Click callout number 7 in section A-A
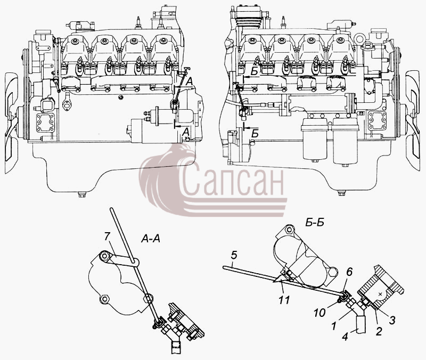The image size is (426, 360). click(107, 237)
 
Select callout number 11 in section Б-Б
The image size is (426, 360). click(284, 300)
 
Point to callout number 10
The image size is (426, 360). click(319, 313)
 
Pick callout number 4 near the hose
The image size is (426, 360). click(345, 337)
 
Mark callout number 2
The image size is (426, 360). click(379, 331)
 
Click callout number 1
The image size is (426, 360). click(334, 326)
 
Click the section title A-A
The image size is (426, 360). click(151, 239)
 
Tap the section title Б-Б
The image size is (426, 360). click(315, 223)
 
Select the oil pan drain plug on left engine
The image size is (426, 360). click(81, 194)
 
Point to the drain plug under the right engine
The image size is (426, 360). click(341, 193)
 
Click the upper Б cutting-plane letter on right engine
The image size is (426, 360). click(254, 72)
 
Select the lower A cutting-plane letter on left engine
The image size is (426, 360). click(186, 132)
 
